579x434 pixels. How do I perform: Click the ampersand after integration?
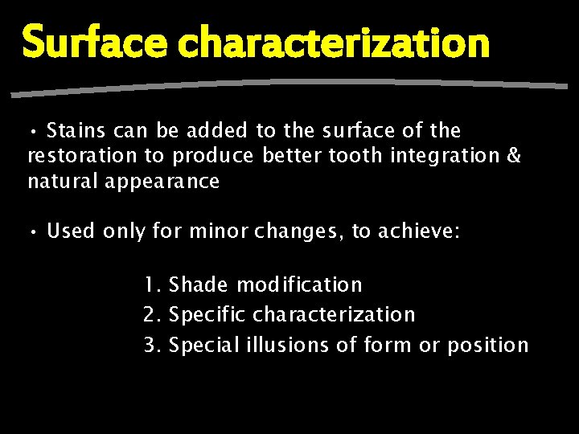click(514, 156)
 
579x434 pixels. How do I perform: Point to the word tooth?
click(352, 156)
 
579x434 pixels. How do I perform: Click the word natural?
click(64, 182)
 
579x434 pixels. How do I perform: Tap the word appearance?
click(162, 182)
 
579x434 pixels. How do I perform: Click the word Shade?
click(199, 285)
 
